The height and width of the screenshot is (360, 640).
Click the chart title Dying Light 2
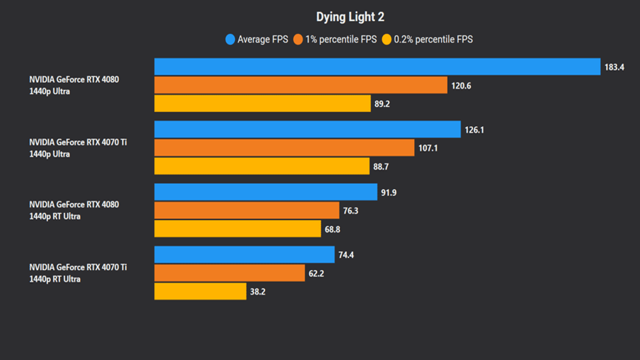click(x=350, y=17)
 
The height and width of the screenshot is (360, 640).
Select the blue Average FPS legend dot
click(x=230, y=39)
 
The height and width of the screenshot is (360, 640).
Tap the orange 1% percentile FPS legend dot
click(x=298, y=39)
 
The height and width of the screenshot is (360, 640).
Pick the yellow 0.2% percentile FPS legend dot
click(x=386, y=39)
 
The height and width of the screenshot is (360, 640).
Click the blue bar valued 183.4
click(x=377, y=66)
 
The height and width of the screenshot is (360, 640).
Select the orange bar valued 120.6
click(x=300, y=85)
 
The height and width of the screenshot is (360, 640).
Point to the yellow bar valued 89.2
click(x=262, y=103)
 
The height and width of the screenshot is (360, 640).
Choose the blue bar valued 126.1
click(x=307, y=129)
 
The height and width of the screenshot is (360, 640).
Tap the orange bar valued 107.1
click(x=284, y=147)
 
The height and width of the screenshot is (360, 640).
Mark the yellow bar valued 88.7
click(x=262, y=166)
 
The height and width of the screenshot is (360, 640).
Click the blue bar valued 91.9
click(x=265, y=192)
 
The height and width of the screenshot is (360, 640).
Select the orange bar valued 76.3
click(x=246, y=210)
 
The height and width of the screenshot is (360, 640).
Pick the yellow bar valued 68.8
click(x=237, y=229)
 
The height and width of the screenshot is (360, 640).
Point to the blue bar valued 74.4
click(x=244, y=254)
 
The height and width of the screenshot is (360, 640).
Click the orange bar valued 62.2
click(x=229, y=273)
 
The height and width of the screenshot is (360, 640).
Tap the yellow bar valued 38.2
click(x=200, y=291)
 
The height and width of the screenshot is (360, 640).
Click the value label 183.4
click(x=614, y=67)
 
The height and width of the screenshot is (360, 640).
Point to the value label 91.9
click(x=388, y=192)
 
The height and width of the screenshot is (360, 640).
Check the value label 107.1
click(x=427, y=148)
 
